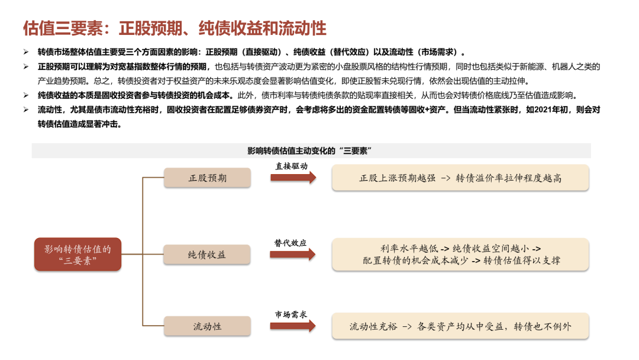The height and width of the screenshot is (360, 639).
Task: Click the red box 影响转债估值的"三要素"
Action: pos(78,255)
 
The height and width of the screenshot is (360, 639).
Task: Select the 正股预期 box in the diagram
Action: pos(207,178)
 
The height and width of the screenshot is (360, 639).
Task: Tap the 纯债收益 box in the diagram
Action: pos(206,255)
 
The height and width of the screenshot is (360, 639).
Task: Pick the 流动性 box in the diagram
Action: pos(207,326)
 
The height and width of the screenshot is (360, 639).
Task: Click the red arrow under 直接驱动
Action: pos(293,178)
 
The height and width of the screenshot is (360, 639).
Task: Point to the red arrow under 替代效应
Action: pos(293,255)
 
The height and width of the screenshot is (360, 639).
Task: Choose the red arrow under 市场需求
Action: pos(293,326)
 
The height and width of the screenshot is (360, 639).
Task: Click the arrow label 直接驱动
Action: pos(291,166)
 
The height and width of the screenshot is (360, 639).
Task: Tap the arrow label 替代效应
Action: pos(290,243)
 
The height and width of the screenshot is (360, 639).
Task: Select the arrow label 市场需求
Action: pos(291,314)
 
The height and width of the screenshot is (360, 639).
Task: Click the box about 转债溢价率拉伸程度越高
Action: pos(460,178)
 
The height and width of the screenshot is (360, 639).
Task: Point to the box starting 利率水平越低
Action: pos(460,255)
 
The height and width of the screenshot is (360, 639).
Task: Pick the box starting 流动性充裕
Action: pos(460,326)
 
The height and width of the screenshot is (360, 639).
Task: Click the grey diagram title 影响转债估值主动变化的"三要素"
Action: pos(309,151)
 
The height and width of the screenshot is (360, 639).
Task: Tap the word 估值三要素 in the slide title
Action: pos(63,28)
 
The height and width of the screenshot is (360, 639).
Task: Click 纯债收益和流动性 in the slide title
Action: pos(263,28)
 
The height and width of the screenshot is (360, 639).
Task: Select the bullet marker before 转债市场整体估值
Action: pos(26,52)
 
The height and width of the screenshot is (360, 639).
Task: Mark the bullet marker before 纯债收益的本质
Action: pos(26,95)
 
